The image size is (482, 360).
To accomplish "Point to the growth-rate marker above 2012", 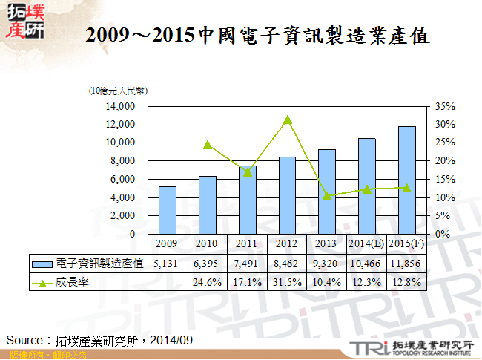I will pos(287,120).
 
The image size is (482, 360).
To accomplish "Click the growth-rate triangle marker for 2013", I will pos(327,196).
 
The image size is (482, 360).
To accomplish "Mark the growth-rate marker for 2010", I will pos(208,145).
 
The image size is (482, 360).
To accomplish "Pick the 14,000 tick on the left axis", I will pos(119,106).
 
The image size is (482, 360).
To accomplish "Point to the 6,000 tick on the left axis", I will pos(122,179).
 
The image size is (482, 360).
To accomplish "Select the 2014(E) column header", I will pos(366,243).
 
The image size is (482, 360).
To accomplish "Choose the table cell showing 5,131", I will pos(167,264).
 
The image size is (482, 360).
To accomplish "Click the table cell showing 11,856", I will pos(406,264).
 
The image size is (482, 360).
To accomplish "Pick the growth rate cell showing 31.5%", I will pos(287,282).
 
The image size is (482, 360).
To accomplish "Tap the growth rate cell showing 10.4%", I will pos(327,282).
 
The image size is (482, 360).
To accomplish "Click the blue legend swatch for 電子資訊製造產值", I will pos(42,264).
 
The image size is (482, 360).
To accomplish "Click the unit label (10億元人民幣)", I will pos(118,91).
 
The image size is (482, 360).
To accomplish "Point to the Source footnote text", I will pos(100,339).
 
